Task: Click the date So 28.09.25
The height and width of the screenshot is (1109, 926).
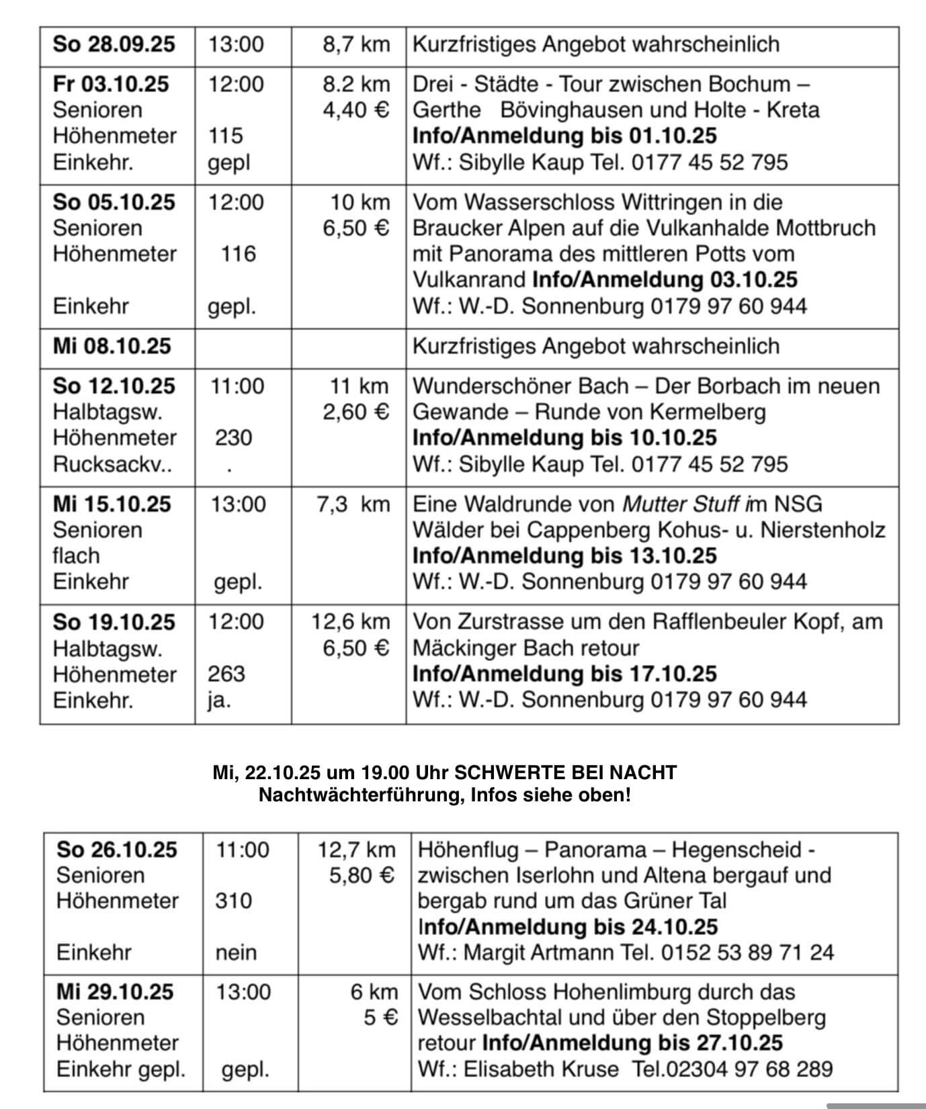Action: (114, 44)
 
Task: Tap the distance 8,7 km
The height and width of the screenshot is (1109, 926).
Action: (355, 44)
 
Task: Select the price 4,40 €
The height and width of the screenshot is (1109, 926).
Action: (355, 109)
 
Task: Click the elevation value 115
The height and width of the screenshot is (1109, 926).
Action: (225, 136)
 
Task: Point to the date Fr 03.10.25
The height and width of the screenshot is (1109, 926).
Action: (111, 84)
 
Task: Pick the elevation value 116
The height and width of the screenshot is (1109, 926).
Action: (239, 254)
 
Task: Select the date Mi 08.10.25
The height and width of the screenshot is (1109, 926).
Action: (112, 346)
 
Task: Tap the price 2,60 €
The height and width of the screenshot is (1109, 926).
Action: (355, 411)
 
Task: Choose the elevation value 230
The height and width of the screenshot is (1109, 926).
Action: (233, 438)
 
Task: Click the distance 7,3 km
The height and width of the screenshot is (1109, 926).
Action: (353, 504)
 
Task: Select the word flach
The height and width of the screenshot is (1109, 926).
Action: (76, 556)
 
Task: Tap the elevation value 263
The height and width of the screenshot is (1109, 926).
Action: (226, 674)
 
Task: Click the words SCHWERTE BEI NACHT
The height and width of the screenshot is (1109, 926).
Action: (566, 772)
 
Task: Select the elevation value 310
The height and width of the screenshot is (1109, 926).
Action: (233, 901)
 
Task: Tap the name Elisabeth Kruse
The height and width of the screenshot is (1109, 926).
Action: (541, 1069)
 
